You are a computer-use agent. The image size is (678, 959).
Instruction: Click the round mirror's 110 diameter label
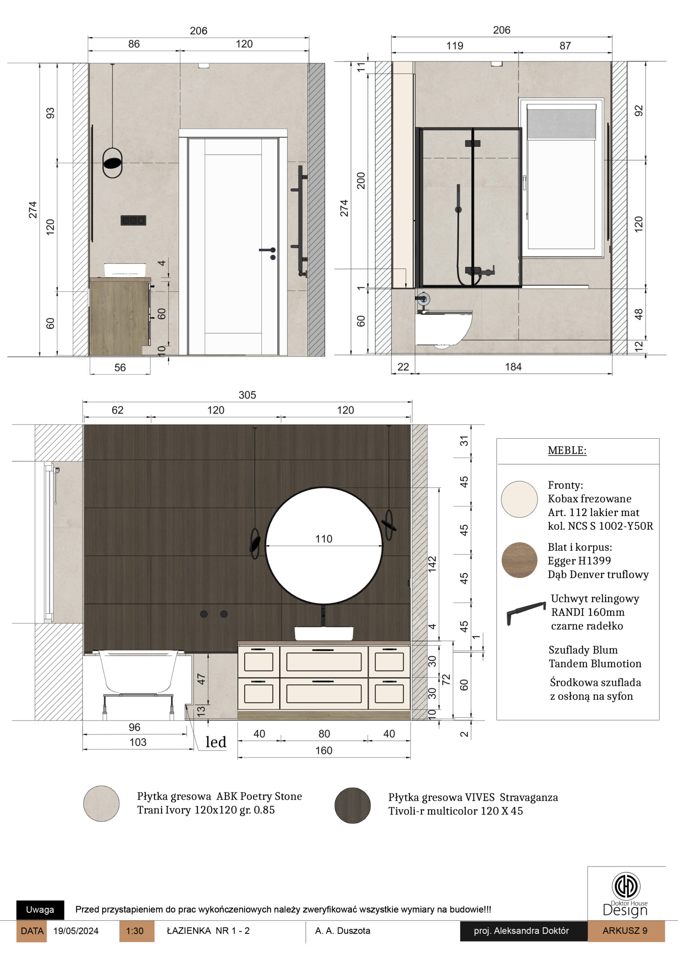(324, 539)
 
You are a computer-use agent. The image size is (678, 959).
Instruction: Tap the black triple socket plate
(133, 220)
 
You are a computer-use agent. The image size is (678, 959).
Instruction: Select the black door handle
(268, 252)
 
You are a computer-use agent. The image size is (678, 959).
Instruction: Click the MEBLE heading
(567, 450)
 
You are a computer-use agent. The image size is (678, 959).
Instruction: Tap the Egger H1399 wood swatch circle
(519, 560)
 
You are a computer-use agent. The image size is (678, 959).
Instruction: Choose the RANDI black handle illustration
(526, 613)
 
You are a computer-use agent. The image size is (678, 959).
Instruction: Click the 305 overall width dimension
(247, 395)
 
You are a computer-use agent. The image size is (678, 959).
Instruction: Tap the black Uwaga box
(40, 910)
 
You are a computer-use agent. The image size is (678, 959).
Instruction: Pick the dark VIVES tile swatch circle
(352, 805)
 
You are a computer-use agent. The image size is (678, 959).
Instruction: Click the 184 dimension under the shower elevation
(513, 367)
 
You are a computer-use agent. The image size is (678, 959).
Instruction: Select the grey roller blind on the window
(561, 122)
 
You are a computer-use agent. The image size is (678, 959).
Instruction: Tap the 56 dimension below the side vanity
(120, 367)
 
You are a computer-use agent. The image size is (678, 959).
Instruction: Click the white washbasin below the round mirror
(324, 633)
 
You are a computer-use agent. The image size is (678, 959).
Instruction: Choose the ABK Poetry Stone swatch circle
(102, 804)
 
